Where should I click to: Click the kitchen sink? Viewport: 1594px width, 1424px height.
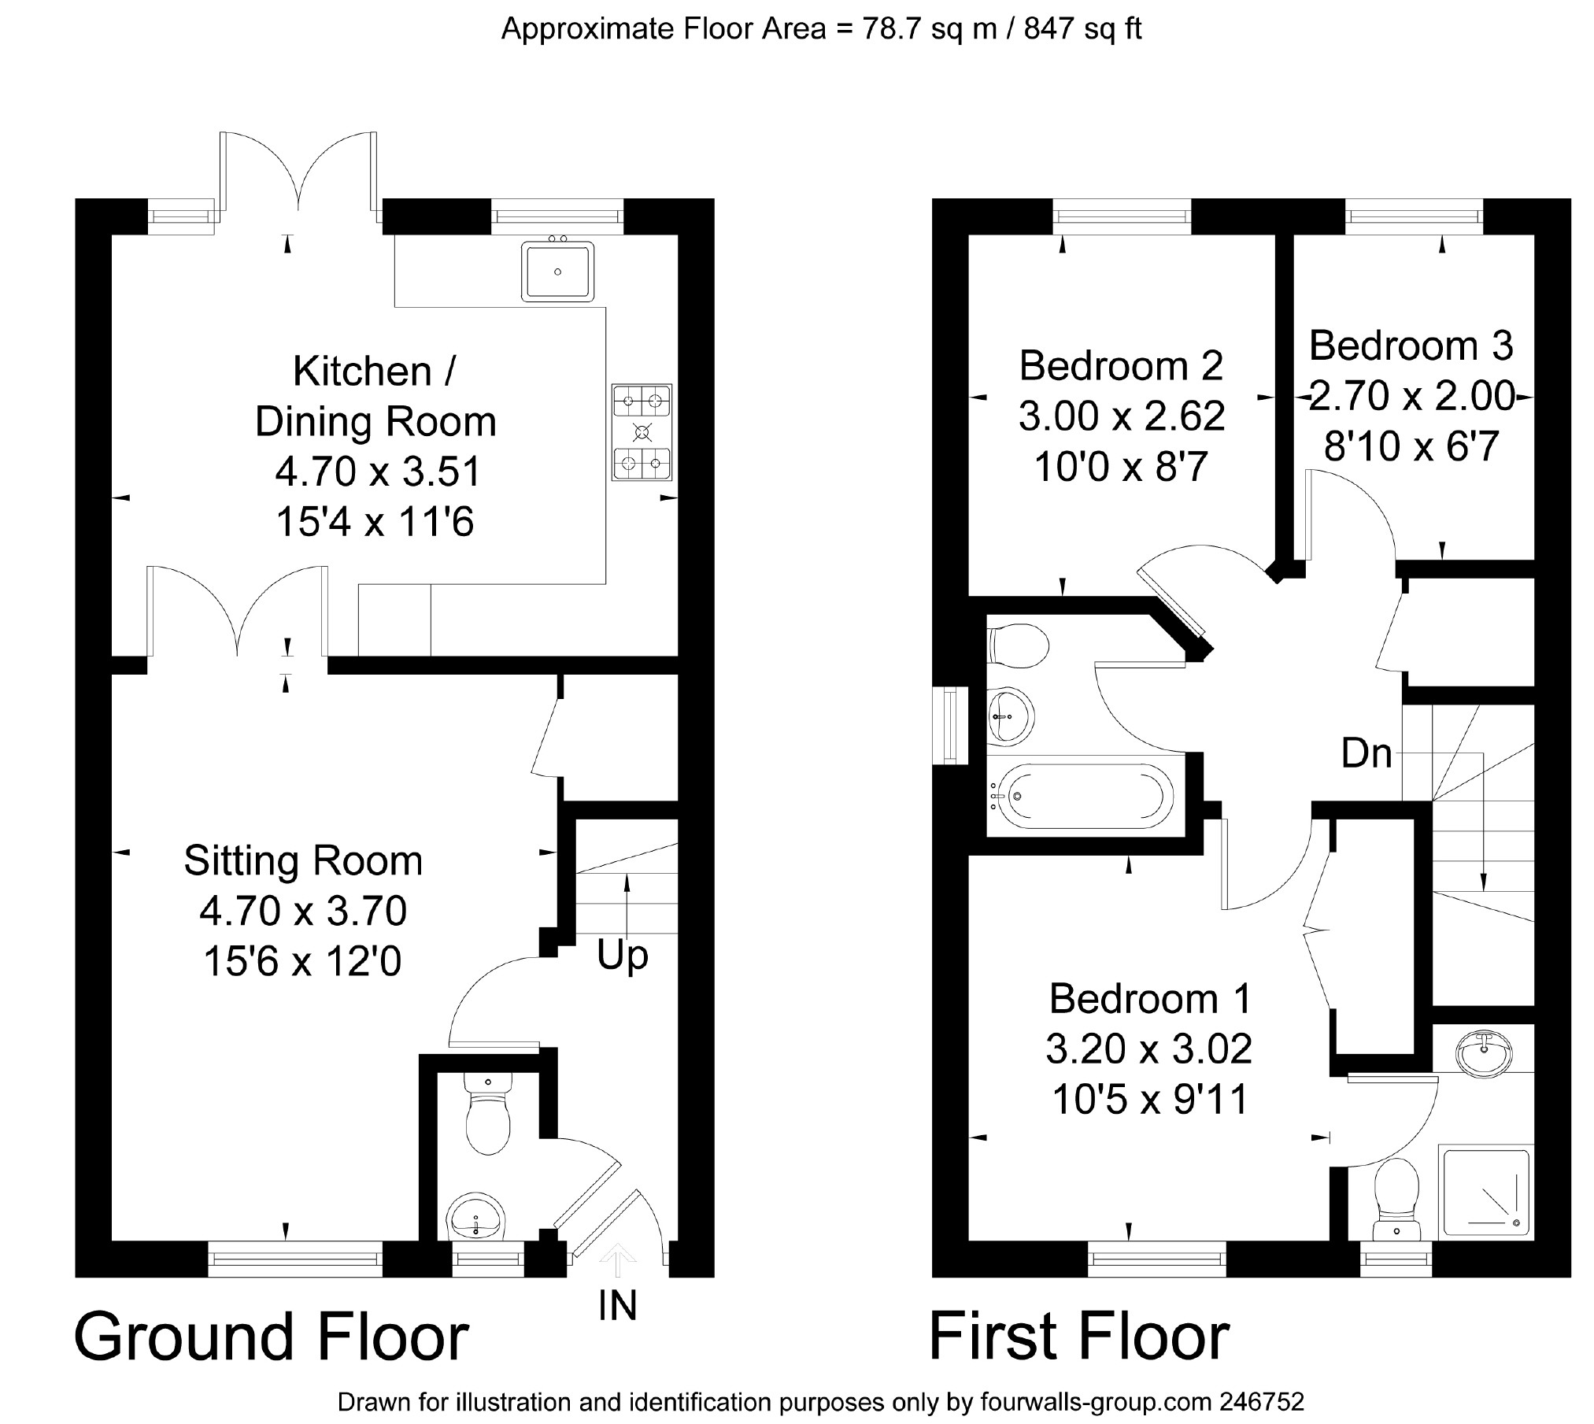557,272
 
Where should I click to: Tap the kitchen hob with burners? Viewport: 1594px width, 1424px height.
642,432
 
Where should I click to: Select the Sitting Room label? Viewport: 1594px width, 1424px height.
303,860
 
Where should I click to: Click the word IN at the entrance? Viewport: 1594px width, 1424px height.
617,1305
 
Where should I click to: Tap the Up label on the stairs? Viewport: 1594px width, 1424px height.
622,957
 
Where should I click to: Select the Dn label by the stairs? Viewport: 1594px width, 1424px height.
1367,753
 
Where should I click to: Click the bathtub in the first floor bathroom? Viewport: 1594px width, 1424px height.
1080,796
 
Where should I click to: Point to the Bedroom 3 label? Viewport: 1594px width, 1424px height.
1411,346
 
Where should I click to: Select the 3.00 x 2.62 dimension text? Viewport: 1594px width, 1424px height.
1122,416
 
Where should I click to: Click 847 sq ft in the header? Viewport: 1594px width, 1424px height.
1082,29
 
